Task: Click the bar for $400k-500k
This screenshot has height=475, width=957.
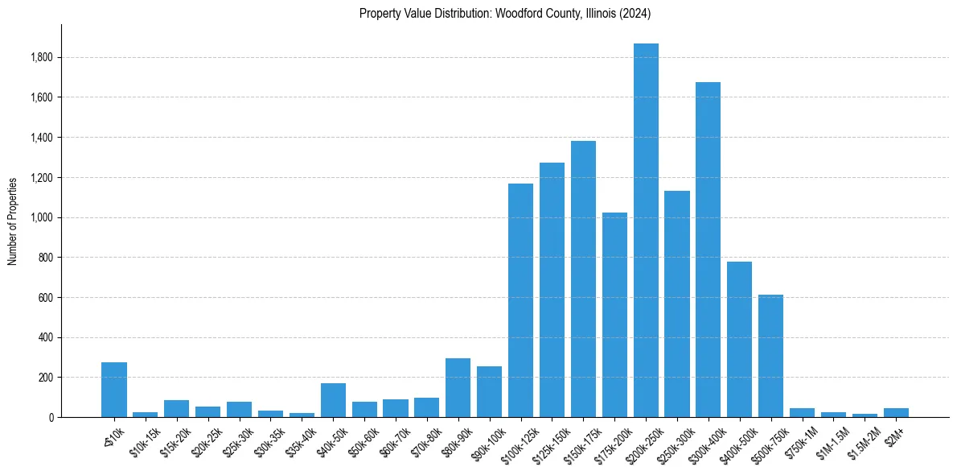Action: [x=739, y=339]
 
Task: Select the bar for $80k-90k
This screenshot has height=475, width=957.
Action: [x=458, y=387]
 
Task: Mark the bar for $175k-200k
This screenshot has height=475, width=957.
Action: [x=614, y=315]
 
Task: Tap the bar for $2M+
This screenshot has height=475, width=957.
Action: [x=896, y=412]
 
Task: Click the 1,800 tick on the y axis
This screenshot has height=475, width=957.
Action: [x=42, y=58]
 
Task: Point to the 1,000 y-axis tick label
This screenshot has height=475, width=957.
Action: [x=42, y=217]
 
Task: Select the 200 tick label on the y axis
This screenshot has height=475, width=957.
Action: [x=47, y=378]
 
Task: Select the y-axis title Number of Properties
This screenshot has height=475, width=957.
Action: [x=13, y=221]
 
